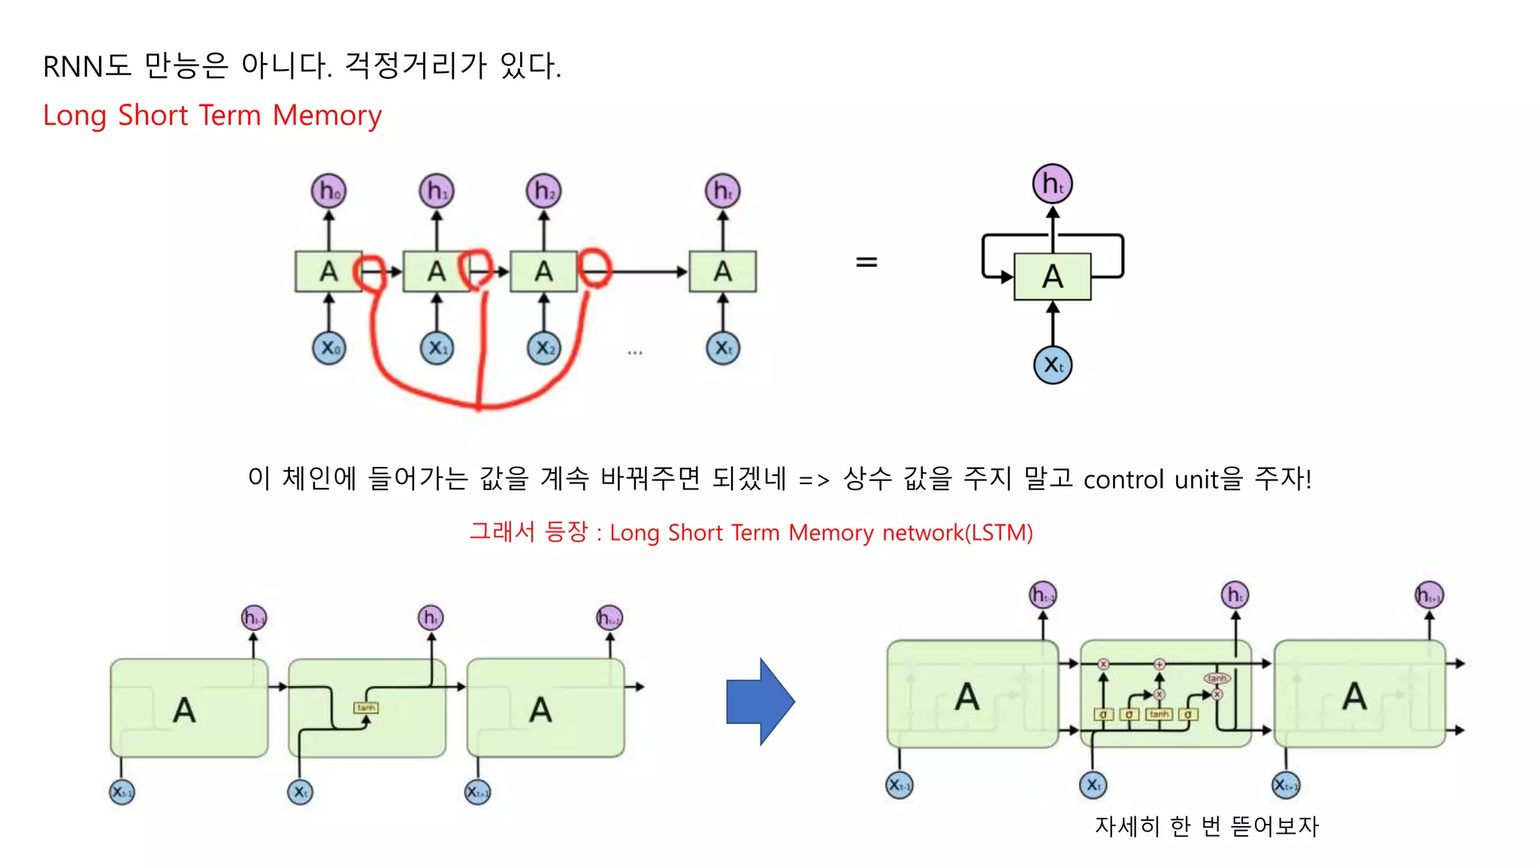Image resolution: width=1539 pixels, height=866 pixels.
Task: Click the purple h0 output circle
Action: (328, 191)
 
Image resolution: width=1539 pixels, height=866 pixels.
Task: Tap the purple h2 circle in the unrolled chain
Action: (543, 191)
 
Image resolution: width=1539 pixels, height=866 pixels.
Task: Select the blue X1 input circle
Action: (437, 348)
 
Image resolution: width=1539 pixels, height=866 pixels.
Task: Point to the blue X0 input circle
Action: (329, 348)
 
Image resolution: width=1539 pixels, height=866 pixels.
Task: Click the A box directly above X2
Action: (543, 271)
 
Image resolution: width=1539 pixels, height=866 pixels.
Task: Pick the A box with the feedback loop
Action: (1052, 277)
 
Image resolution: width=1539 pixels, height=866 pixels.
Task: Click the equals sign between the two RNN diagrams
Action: (866, 262)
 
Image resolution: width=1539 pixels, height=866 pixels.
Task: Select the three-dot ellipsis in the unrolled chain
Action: (635, 353)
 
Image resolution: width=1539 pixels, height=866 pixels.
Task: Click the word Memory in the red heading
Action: (327, 116)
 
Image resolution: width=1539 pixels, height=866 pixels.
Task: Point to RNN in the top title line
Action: (72, 67)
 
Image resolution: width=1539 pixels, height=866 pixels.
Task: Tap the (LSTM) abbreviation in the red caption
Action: (999, 533)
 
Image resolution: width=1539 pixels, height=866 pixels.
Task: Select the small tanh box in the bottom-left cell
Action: (366, 707)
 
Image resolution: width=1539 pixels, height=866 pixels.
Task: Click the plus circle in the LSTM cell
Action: (1160, 664)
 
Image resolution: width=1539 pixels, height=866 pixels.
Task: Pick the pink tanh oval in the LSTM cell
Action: (1217, 678)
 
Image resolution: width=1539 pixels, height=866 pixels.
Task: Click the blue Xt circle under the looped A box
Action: (1053, 365)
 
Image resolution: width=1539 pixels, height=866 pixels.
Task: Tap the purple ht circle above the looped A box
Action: (1052, 183)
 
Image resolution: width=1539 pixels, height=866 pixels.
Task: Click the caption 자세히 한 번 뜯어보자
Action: (1206, 826)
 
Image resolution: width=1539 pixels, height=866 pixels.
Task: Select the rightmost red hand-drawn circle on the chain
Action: (595, 268)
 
